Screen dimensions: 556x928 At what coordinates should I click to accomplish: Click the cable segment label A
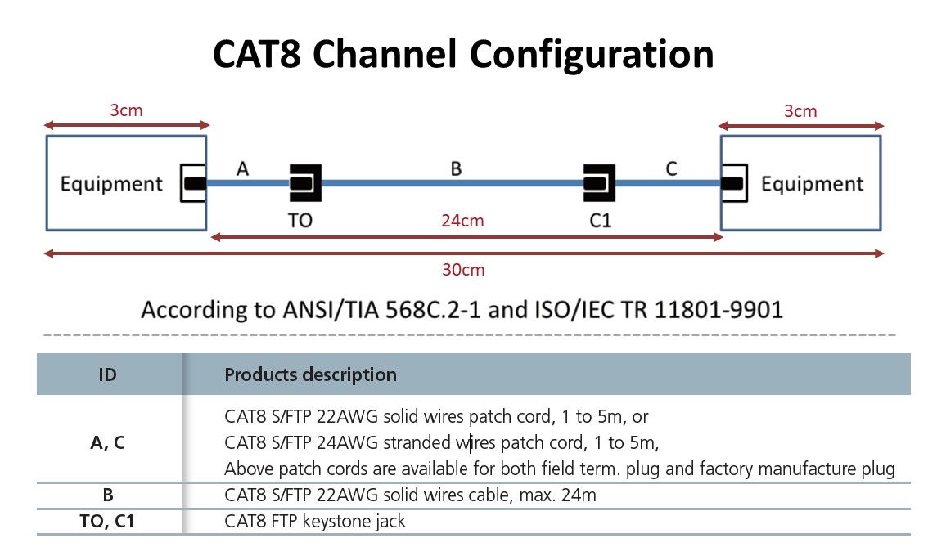tap(242, 169)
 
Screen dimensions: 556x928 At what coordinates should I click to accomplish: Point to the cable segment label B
tap(456, 169)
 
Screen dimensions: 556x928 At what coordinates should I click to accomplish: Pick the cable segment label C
tap(671, 169)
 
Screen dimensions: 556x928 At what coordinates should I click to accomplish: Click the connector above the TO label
tap(304, 183)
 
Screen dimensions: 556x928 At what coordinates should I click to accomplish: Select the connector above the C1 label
tap(599, 183)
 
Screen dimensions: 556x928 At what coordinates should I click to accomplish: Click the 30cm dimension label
tap(463, 270)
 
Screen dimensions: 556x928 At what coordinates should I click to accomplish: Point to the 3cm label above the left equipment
tap(126, 110)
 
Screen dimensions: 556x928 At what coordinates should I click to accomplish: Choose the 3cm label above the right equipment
tap(800, 110)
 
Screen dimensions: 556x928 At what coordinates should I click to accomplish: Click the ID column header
tap(107, 375)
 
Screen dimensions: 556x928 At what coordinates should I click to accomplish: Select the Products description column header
tap(310, 375)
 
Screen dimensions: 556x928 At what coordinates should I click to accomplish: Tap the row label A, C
tap(107, 443)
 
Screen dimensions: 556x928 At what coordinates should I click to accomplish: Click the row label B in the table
tap(107, 495)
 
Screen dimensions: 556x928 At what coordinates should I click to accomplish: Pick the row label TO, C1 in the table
tap(107, 521)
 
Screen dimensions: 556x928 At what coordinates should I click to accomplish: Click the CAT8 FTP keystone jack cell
tap(315, 521)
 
